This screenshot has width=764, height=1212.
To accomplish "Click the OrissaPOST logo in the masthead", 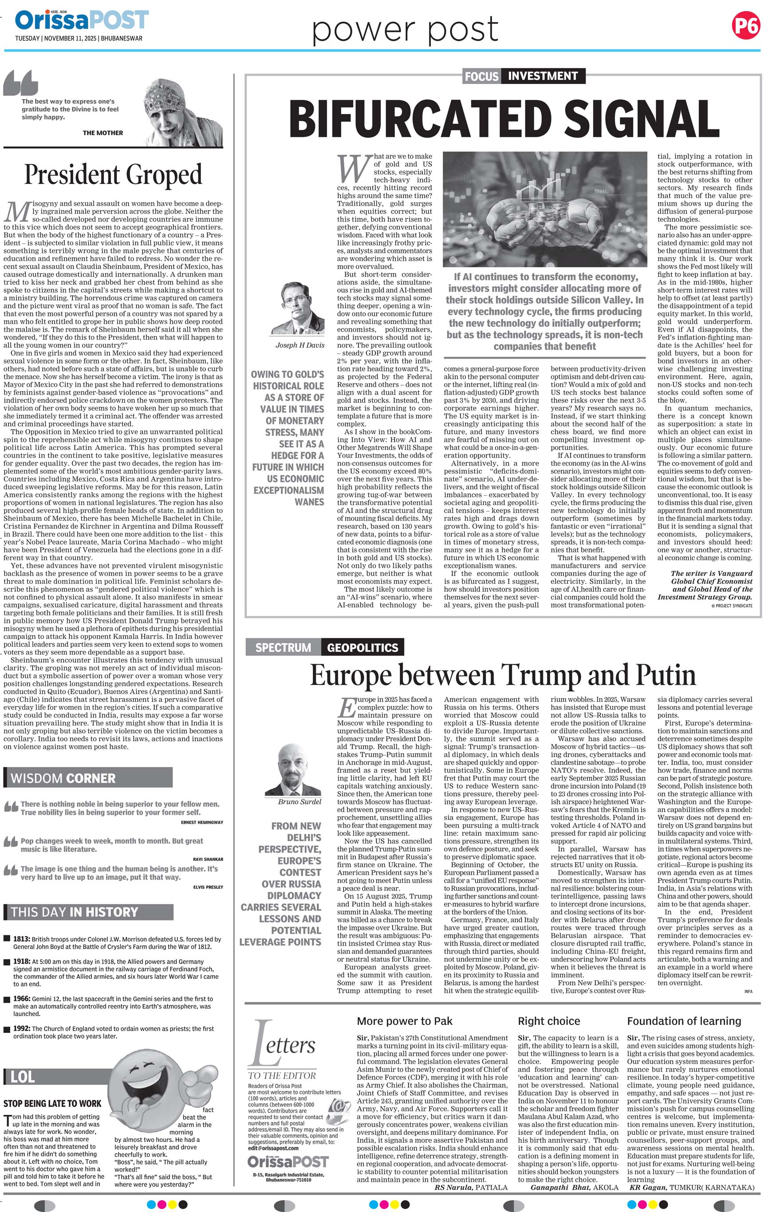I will point(82,21).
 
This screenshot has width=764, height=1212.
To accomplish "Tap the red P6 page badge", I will point(745,26).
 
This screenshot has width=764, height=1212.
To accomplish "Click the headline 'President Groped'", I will point(113,175).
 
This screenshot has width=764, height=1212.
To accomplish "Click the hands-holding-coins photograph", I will point(544,208).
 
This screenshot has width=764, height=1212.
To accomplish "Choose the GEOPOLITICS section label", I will point(362,647).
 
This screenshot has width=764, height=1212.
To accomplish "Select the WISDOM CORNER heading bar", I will point(88,778).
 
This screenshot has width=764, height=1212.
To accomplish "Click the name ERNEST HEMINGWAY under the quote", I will point(201,822).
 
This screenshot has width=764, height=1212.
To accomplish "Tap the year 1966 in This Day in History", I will point(22,999).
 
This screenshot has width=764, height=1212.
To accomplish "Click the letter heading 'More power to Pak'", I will point(405,1021).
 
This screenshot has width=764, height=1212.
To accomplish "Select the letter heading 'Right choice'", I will point(549,1021).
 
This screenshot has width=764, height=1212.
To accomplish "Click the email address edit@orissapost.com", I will point(273,1148).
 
